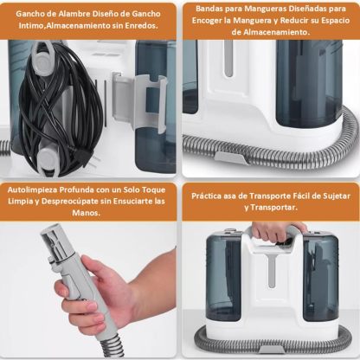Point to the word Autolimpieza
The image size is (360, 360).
[x=32, y=190]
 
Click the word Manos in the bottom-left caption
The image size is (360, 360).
[x=86, y=213]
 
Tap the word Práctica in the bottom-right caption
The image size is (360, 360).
[x=207, y=196]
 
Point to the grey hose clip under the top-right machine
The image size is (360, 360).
[x=230, y=157]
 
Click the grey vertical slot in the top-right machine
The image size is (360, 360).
[x=228, y=59]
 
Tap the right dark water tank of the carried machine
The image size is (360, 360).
[x=320, y=278]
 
